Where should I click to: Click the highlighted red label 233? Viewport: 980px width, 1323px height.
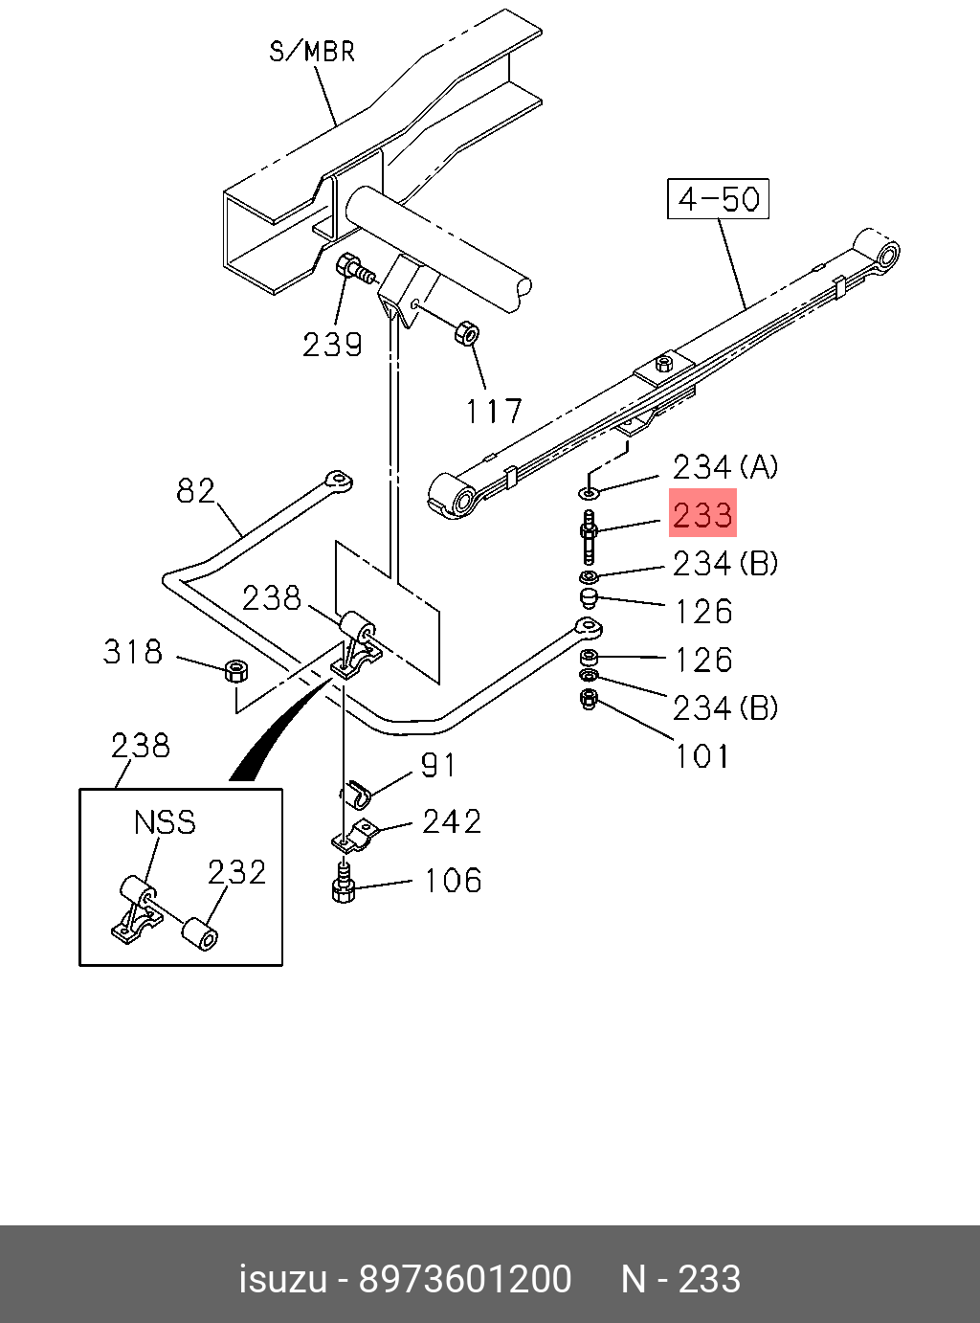point(702,513)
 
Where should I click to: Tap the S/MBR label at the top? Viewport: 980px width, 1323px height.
point(312,52)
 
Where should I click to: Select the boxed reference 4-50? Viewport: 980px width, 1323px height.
point(718,198)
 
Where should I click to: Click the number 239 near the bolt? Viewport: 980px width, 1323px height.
point(332,345)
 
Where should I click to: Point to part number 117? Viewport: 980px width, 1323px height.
point(493,411)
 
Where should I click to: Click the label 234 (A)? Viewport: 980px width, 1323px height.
point(725,466)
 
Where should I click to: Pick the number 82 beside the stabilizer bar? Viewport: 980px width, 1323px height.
point(195,491)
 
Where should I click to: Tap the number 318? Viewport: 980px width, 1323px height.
point(132,651)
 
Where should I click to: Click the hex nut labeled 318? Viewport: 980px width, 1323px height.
point(236,670)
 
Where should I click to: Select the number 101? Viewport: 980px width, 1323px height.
point(702,755)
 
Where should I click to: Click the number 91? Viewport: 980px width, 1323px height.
point(437,765)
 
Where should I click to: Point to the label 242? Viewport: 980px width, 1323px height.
point(452,821)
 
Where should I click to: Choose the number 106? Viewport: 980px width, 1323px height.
point(453,881)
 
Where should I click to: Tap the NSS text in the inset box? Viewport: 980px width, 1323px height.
point(165,822)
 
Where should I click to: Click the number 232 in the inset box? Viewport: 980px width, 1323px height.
point(236,873)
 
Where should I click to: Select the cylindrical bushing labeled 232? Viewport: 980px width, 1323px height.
point(200,934)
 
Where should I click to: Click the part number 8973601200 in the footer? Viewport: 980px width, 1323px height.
point(465,1278)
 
